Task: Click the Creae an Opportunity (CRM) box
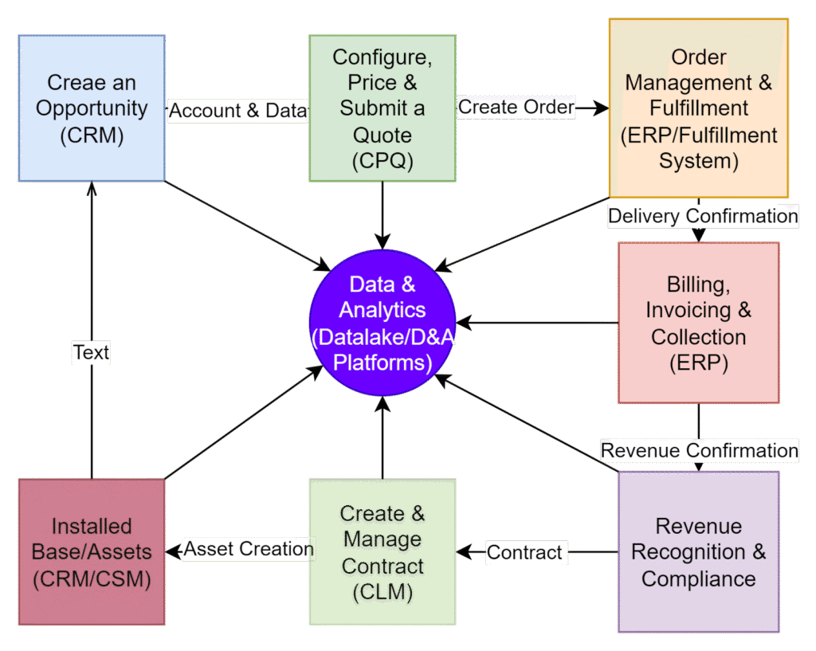pyautogui.click(x=92, y=108)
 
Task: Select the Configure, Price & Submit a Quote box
pyautogui.click(x=382, y=108)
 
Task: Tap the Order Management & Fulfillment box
pyautogui.click(x=698, y=108)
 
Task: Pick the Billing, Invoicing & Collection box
pyautogui.click(x=698, y=322)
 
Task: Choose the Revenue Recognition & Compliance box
pyautogui.click(x=698, y=551)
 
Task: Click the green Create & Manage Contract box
pyautogui.click(x=382, y=551)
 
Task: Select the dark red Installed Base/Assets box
pyautogui.click(x=92, y=551)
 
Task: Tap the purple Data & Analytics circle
pyautogui.click(x=382, y=322)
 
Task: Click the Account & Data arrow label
pyautogui.click(x=237, y=111)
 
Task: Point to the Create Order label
pyautogui.click(x=516, y=107)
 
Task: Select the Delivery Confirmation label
pyautogui.click(x=703, y=216)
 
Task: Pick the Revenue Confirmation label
pyautogui.click(x=699, y=450)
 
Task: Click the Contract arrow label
pyautogui.click(x=525, y=551)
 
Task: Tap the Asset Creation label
pyautogui.click(x=249, y=549)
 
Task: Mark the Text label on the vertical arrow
pyautogui.click(x=91, y=352)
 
